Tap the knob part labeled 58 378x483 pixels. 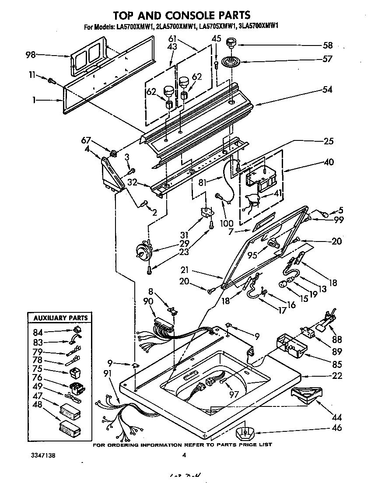click(x=230, y=44)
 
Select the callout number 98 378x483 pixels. click(x=31, y=55)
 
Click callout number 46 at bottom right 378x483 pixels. click(x=336, y=428)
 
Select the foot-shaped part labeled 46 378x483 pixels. click(x=245, y=434)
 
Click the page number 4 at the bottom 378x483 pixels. click(x=184, y=455)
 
